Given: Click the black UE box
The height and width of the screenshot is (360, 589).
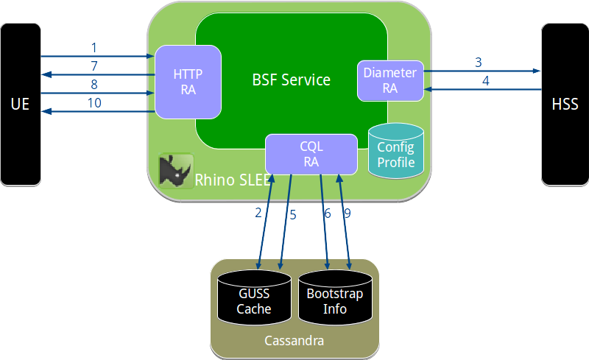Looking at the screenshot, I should point(20,104).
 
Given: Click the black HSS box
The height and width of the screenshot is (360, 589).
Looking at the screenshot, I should point(565,104).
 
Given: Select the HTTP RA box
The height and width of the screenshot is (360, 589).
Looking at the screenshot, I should point(188,82).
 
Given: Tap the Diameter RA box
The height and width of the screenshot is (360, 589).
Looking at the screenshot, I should point(389,80).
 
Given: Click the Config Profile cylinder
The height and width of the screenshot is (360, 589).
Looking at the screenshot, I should point(396,152).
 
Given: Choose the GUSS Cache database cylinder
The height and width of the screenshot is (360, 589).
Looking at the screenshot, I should point(253,299).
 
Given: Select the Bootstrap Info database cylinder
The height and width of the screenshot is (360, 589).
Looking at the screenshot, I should point(335,299).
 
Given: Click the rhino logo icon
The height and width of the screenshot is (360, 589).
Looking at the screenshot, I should point(176,171).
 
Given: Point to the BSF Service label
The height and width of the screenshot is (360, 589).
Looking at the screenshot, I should point(291,80).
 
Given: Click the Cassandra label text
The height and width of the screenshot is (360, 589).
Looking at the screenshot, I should point(294,342).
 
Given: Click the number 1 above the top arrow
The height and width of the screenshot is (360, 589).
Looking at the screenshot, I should point(94,47).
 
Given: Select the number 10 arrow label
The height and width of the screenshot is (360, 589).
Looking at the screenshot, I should point(94,103).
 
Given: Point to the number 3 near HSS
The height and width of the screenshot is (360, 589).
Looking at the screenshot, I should point(478,62).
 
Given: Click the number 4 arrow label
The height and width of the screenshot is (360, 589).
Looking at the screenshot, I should point(485,80).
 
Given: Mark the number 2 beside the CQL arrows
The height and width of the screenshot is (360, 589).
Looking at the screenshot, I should point(258,213).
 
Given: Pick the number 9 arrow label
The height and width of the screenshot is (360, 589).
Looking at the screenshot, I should point(347,213).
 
